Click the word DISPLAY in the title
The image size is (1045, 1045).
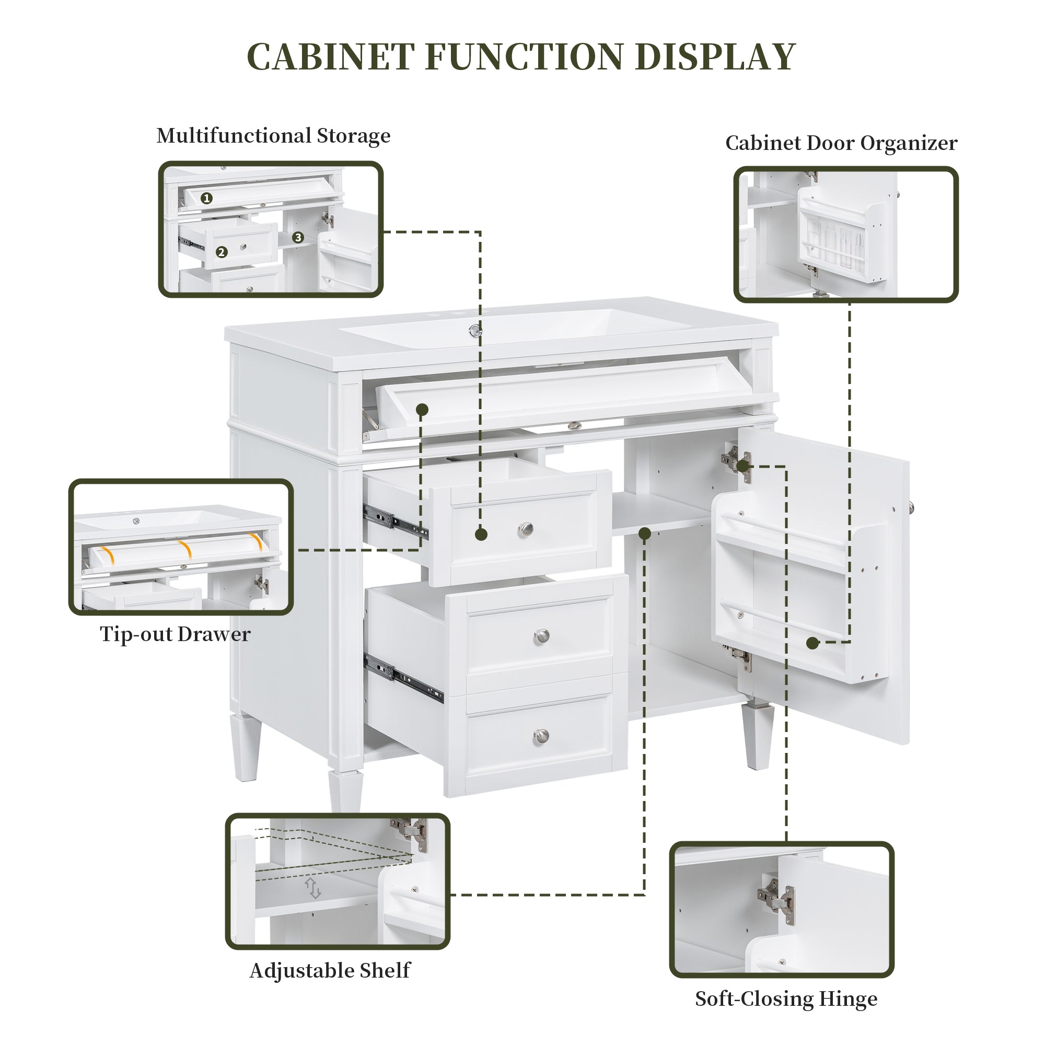click(x=715, y=56)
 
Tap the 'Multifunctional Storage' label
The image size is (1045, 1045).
click(x=273, y=135)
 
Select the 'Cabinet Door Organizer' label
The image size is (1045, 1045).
click(x=841, y=143)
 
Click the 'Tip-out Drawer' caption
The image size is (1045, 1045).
click(x=175, y=634)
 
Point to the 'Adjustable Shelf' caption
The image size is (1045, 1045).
click(x=329, y=970)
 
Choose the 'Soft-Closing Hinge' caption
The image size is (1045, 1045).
click(x=786, y=998)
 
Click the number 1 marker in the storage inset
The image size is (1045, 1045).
click(x=206, y=199)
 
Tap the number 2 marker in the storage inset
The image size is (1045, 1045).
click(x=220, y=252)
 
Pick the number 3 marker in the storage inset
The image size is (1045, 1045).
click(x=297, y=237)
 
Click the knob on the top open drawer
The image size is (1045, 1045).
click(x=525, y=529)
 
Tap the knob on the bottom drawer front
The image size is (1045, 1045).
click(x=540, y=736)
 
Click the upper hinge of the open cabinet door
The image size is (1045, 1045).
click(x=736, y=463)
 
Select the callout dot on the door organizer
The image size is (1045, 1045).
click(x=812, y=643)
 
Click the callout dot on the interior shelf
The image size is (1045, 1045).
click(x=644, y=534)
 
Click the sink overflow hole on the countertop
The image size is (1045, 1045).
click(x=475, y=331)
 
